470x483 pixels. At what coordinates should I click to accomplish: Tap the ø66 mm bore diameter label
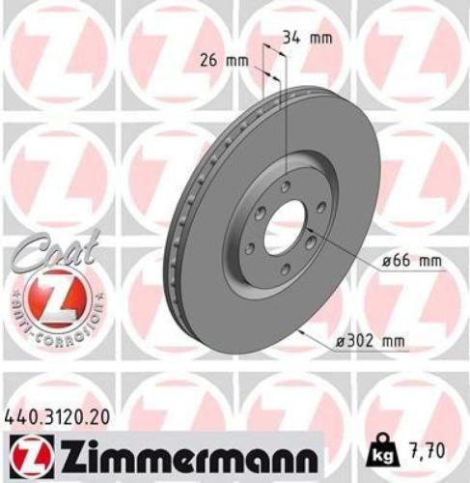pos(397,262)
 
